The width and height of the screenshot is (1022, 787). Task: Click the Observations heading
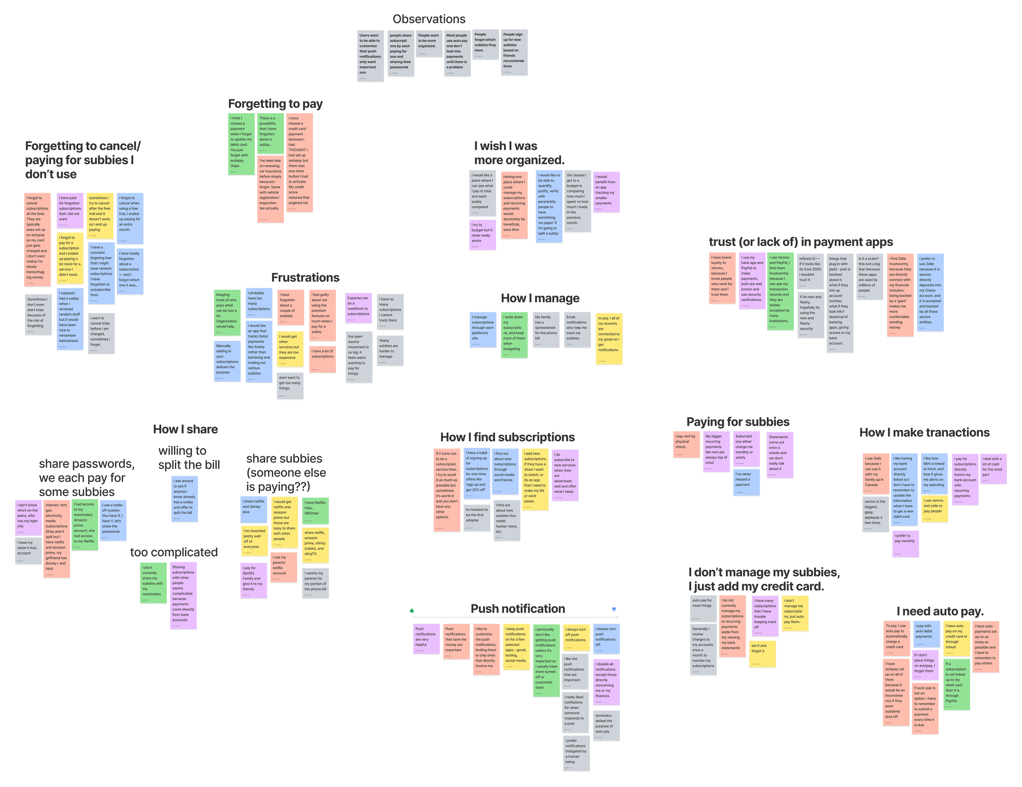point(429,19)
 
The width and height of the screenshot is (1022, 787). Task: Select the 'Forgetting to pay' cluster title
point(275,104)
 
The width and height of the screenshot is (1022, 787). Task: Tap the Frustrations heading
point(305,278)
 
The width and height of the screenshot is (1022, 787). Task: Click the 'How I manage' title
point(540,298)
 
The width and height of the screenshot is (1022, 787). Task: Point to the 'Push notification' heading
point(518,609)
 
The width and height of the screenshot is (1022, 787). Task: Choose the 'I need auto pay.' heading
point(940,611)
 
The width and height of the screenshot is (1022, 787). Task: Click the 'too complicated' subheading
point(174,552)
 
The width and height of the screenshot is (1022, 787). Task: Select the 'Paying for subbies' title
point(737,422)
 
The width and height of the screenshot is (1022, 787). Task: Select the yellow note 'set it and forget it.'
point(762,653)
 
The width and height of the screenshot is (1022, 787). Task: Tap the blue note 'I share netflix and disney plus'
point(253,509)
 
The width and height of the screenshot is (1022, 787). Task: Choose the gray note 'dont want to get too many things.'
point(290,385)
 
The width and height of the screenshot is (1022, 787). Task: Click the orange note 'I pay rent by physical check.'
point(686,445)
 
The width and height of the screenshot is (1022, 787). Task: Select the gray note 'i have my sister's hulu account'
point(28,550)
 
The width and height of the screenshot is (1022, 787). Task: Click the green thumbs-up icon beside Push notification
point(412,610)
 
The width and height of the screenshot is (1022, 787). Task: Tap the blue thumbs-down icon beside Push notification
point(614,609)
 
